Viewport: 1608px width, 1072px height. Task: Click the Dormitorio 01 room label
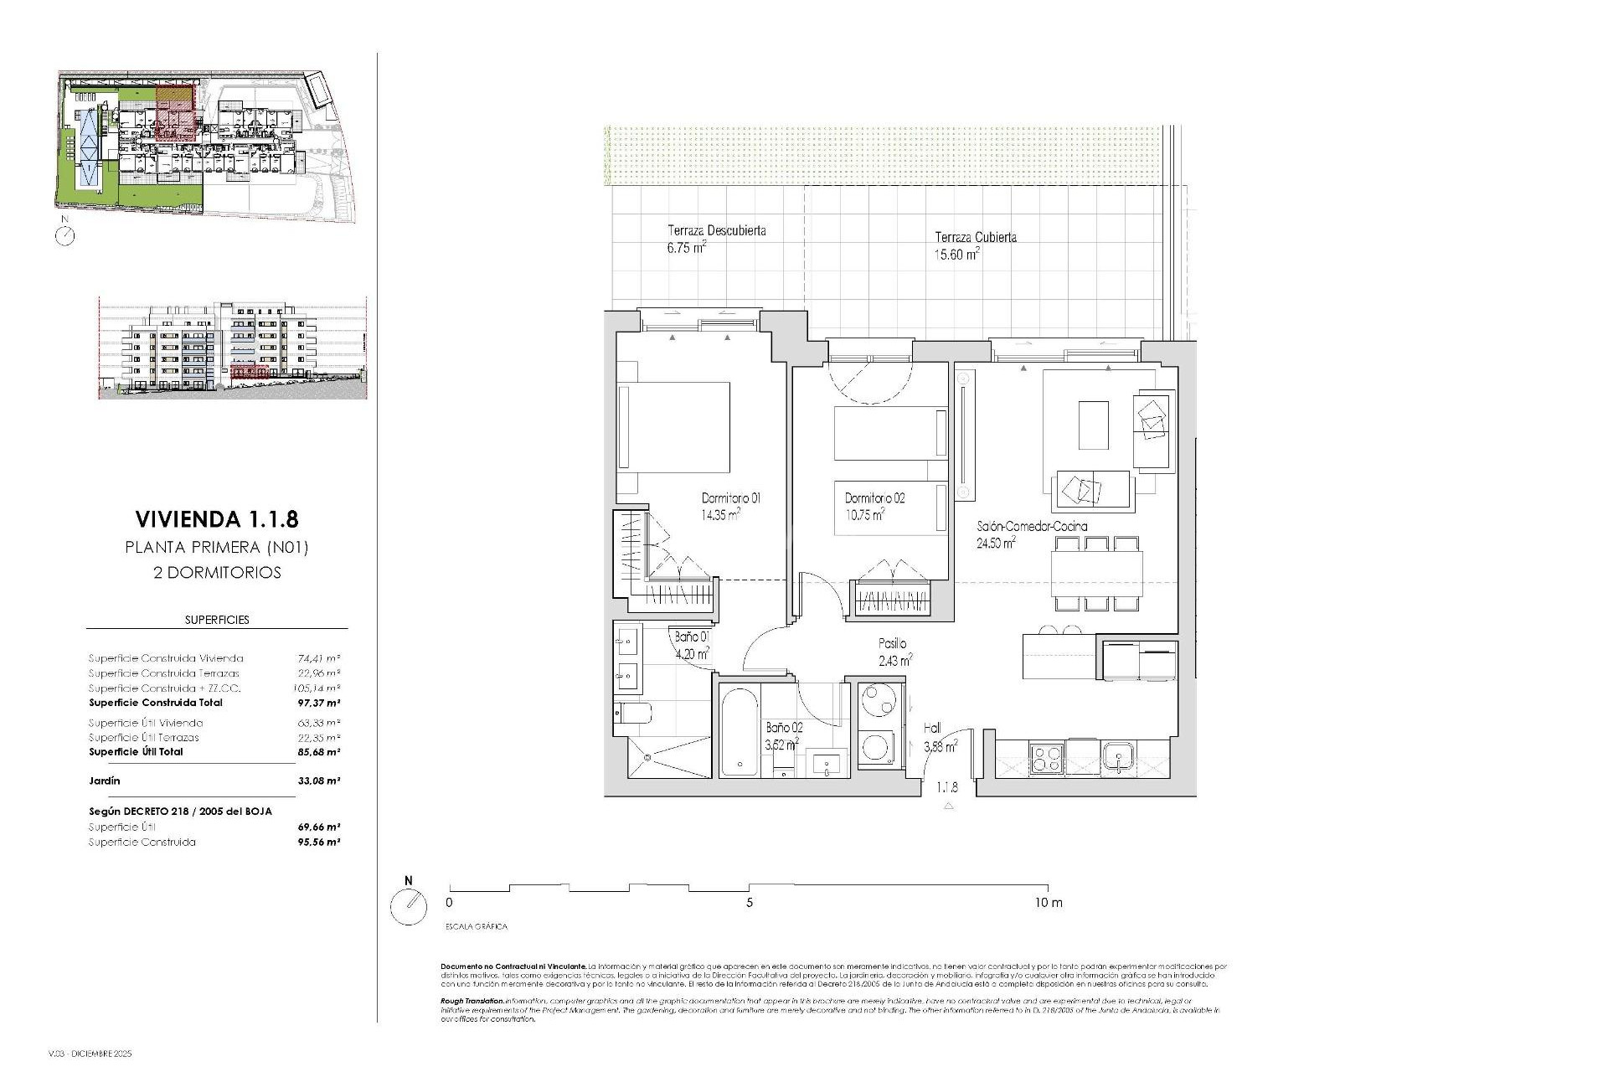(x=730, y=498)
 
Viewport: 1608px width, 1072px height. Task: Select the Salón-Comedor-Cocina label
(x=1032, y=527)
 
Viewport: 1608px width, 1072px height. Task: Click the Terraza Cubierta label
(x=975, y=237)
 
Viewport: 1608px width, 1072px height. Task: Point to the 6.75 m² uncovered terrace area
(x=686, y=248)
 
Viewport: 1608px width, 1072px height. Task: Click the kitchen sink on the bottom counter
(x=1117, y=758)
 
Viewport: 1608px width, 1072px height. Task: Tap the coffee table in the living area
(x=1093, y=425)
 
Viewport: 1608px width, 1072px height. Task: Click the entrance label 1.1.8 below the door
(x=947, y=787)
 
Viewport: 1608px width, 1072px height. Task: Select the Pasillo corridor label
(x=892, y=643)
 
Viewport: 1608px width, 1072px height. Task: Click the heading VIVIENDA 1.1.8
(x=216, y=519)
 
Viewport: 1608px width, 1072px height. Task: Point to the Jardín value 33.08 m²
(x=319, y=781)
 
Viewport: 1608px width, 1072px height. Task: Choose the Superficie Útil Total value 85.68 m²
(x=319, y=752)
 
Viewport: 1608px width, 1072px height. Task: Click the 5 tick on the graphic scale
(x=750, y=903)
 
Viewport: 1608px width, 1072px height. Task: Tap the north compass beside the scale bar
(x=409, y=906)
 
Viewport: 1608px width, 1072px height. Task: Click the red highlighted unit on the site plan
(x=176, y=113)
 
